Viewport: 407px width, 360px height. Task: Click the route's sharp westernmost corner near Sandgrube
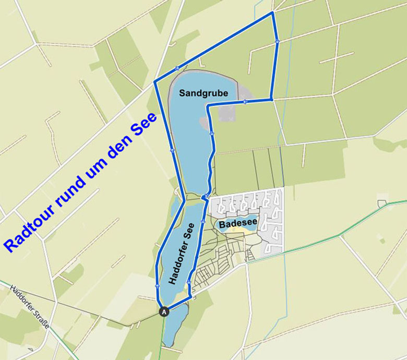click(x=154, y=82)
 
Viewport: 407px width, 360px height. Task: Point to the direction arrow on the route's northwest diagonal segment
click(x=178, y=68)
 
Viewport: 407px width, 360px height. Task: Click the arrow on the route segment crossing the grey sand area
click(x=244, y=102)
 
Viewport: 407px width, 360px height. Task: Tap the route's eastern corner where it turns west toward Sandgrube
click(x=271, y=99)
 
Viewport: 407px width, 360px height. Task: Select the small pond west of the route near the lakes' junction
click(x=174, y=208)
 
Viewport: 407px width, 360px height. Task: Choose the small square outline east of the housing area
click(x=382, y=202)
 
